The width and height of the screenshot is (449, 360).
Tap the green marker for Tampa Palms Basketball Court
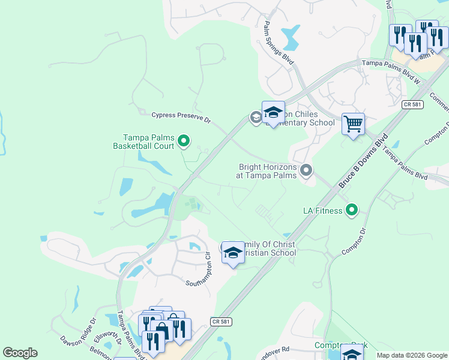coord(184,142)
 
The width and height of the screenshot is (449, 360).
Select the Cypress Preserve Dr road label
coord(181,117)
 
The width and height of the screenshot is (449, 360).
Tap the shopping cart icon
coord(354,124)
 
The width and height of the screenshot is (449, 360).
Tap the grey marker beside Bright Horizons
coord(306,171)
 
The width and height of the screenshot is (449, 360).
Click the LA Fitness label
coord(322,211)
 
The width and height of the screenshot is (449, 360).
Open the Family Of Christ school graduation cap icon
coord(233,253)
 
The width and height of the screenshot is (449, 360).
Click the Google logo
coord(20,353)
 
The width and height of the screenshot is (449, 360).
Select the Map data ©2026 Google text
coord(411,355)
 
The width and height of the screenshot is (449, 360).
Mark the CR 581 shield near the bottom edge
coord(221,322)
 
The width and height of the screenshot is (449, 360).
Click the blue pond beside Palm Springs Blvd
coord(291,37)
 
